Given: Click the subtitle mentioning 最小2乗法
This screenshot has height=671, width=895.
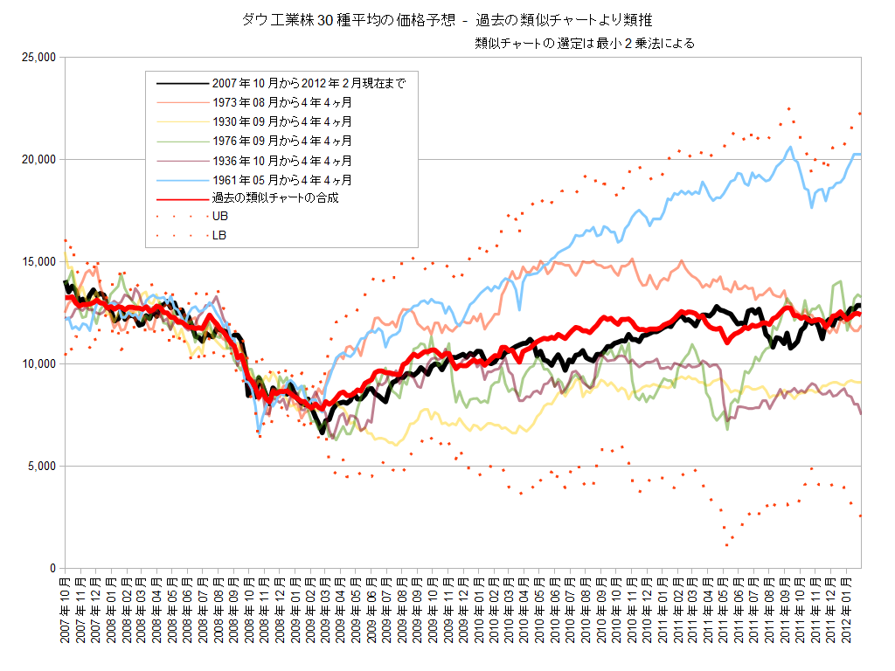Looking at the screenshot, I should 585,43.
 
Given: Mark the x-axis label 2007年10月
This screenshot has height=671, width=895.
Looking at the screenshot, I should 65,612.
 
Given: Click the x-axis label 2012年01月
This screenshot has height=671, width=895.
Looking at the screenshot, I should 847,612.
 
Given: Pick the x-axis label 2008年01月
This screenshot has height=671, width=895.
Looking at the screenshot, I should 111,612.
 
